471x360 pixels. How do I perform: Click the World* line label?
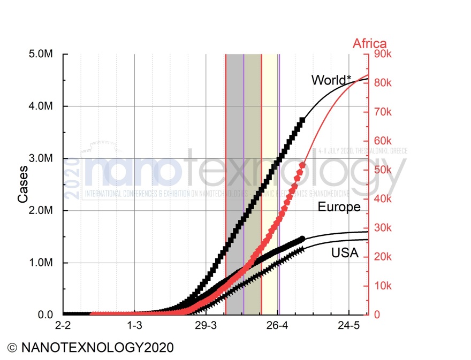pos(331,80)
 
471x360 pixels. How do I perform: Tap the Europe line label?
pos(339,207)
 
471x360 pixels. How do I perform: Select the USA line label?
pos(345,253)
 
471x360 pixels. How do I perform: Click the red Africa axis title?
pos(369,44)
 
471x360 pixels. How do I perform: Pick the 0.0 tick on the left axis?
pos(49,315)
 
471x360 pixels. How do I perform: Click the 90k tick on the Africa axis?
pos(385,54)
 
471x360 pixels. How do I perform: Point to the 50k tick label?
pos(385,170)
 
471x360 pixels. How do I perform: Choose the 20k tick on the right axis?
pos(385,257)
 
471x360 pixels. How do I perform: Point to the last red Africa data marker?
pos(302,165)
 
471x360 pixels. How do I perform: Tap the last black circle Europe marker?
pos(302,239)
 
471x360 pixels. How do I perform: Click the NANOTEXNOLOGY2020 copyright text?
pos(90,348)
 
